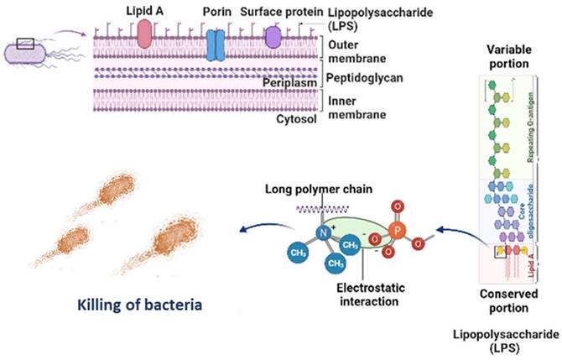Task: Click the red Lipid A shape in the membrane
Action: point(144,34)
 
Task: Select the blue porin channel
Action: point(216,44)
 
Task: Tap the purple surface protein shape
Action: point(273,35)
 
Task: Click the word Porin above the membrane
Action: point(216,13)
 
